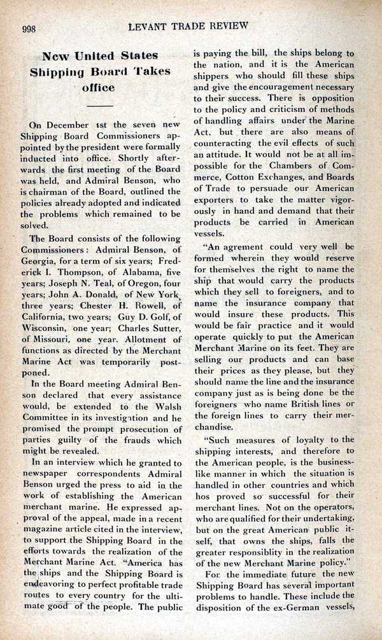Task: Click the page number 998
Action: click(32, 26)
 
